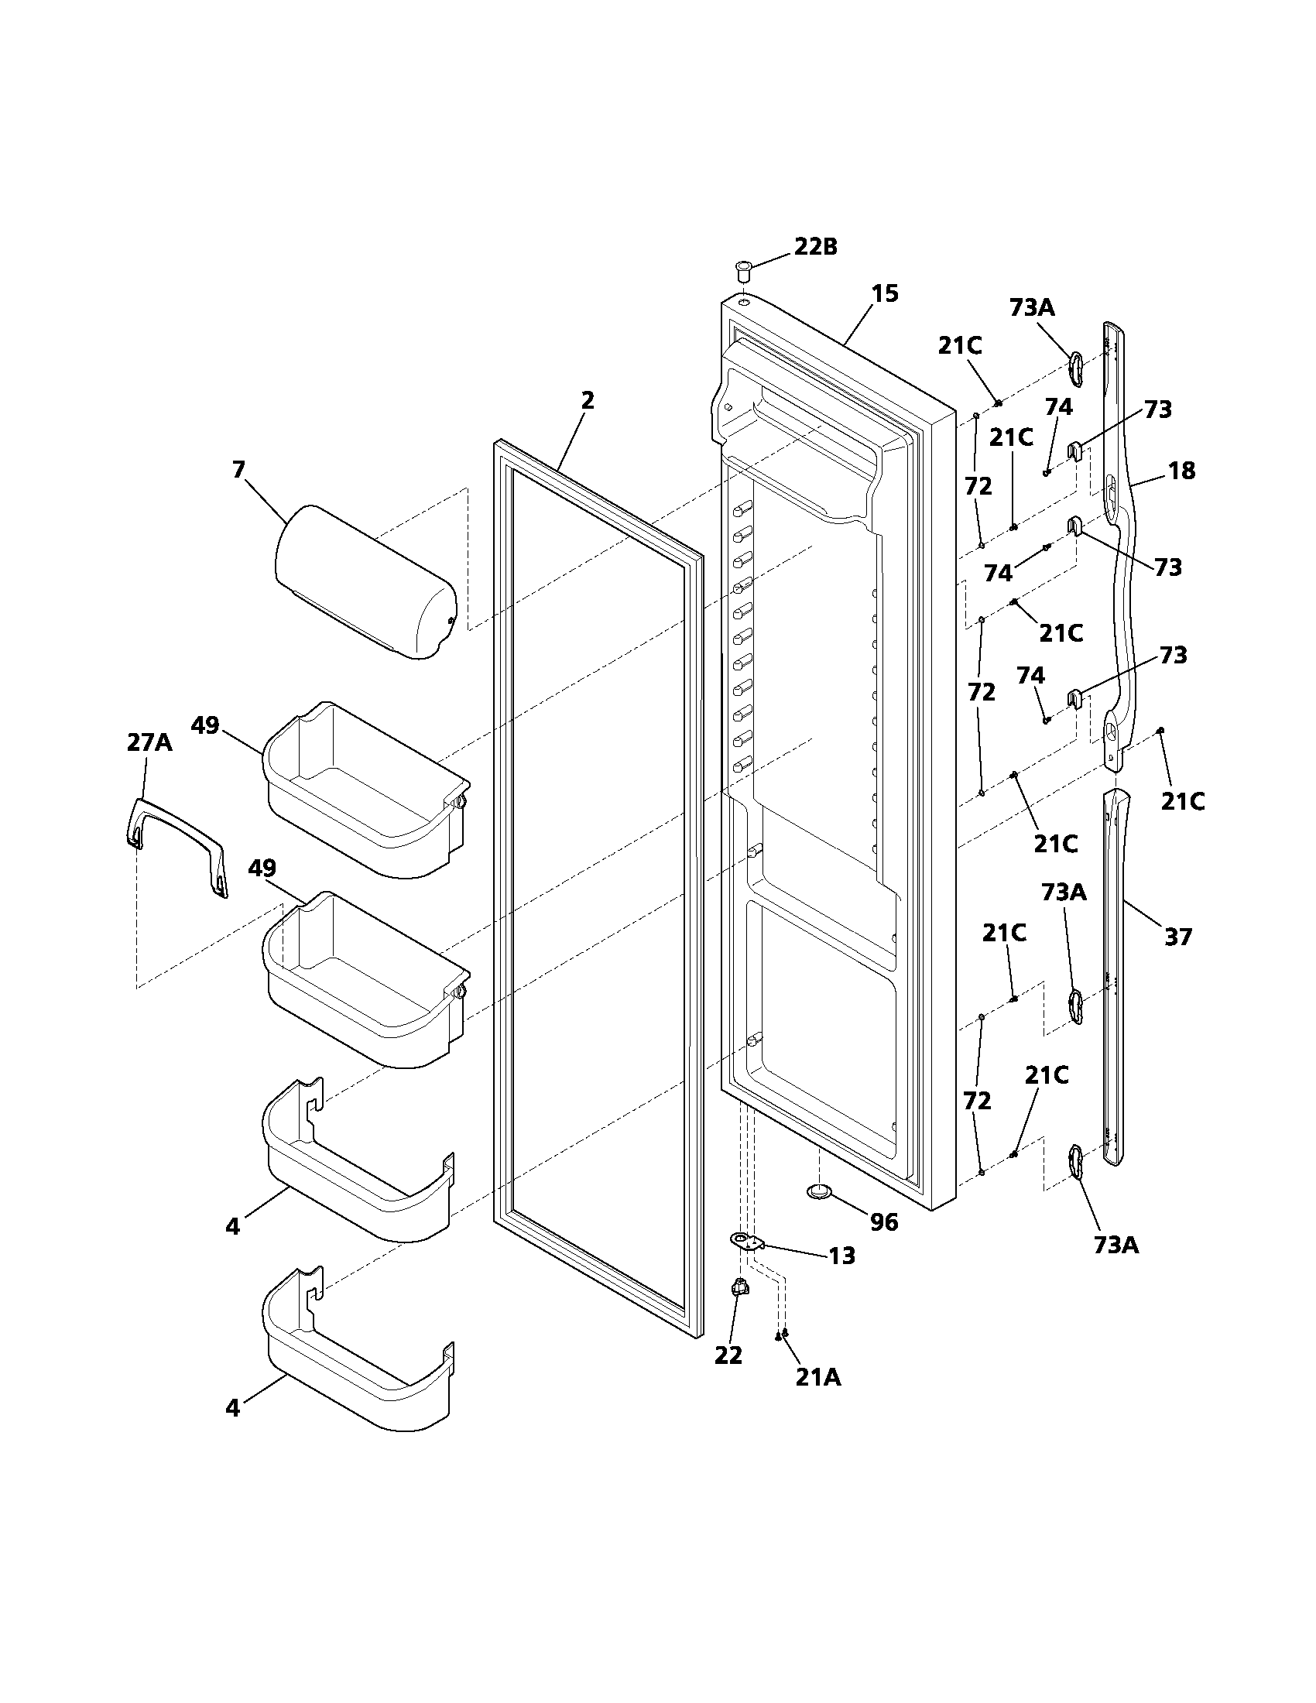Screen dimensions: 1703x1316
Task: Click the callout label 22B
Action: click(x=815, y=247)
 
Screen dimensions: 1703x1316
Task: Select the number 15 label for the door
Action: click(x=885, y=294)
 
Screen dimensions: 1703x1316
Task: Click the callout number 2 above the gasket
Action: click(x=587, y=400)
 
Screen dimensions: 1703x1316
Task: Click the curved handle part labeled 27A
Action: click(x=178, y=842)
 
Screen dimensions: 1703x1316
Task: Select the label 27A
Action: click(x=149, y=742)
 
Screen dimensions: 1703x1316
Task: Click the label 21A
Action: click(x=817, y=1378)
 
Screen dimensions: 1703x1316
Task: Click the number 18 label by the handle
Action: click(x=1182, y=471)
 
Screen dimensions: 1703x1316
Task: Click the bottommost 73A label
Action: click(x=1116, y=1246)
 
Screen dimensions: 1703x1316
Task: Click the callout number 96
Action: click(x=884, y=1222)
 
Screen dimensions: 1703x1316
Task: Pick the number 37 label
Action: click(x=1178, y=936)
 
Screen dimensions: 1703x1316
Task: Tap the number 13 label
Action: click(x=842, y=1256)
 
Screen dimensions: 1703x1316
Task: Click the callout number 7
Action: click(x=238, y=469)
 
